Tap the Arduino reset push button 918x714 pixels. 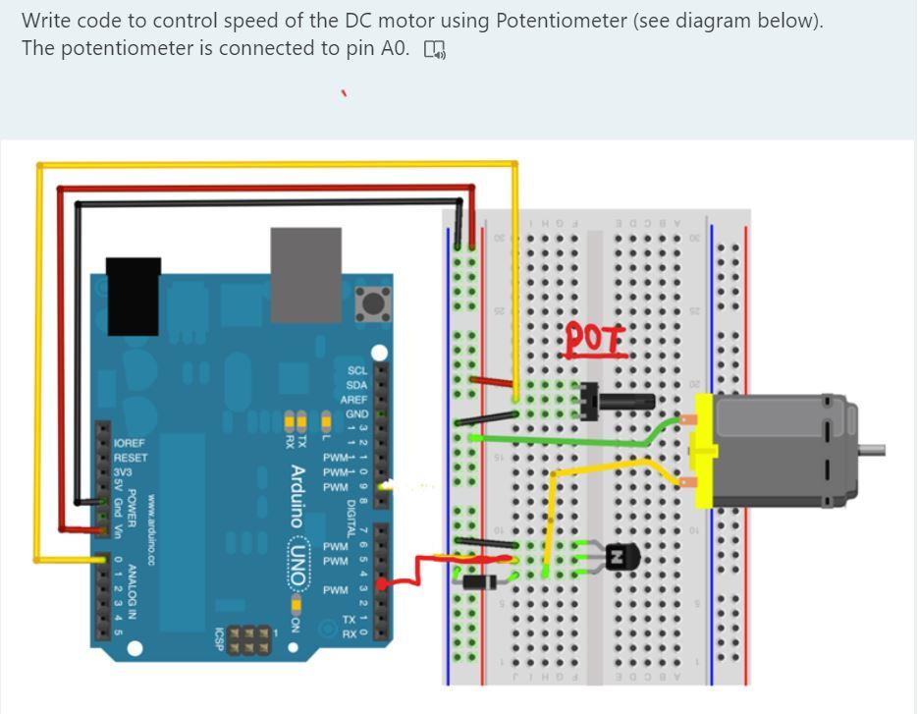point(373,302)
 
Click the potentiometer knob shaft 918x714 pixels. point(627,400)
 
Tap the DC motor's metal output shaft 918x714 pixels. point(872,451)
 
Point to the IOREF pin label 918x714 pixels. point(130,444)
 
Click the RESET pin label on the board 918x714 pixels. point(130,458)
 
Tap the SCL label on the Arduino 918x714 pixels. point(357,371)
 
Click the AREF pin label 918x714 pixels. point(354,400)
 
